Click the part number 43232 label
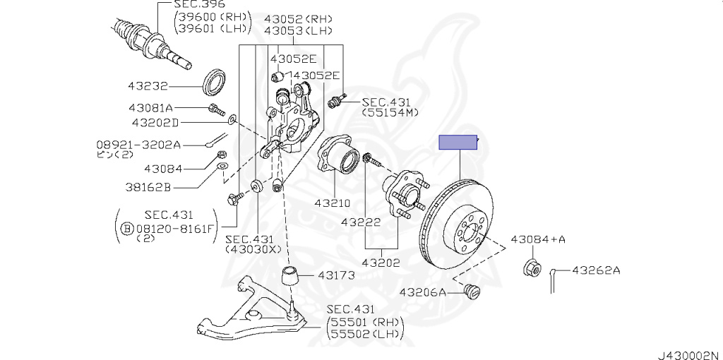point(148,86)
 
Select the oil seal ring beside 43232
point(215,82)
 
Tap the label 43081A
point(150,108)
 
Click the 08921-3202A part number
point(138,145)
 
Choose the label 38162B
point(148,188)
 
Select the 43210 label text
point(333,203)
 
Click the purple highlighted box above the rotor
point(458,143)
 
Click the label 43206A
point(423,292)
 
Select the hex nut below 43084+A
point(533,268)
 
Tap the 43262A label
point(595,270)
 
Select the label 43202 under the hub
point(381,262)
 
